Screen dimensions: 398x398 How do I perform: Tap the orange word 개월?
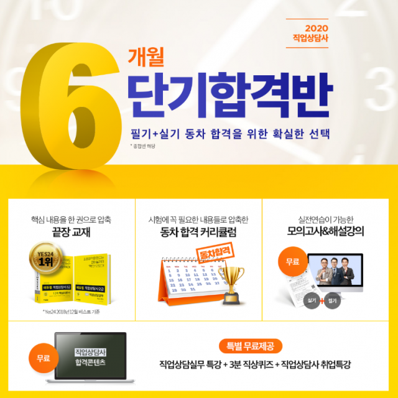click(x=146, y=58)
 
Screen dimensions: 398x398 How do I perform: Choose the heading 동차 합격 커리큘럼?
click(x=198, y=233)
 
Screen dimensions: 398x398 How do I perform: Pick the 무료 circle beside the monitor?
click(x=291, y=261)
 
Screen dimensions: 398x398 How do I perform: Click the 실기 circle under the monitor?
click(x=313, y=300)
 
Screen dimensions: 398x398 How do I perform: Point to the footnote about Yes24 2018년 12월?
click(x=72, y=311)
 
